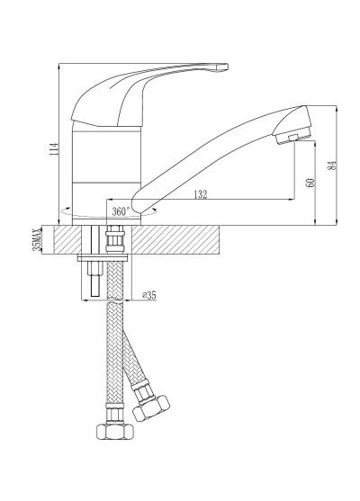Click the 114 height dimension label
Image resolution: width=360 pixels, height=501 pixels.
click(55, 149)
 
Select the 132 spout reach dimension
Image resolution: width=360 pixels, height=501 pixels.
click(201, 194)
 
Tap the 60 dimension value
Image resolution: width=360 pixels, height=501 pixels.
click(310, 183)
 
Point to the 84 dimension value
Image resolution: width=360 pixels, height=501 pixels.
click(333, 165)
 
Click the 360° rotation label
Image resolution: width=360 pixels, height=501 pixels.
click(121, 211)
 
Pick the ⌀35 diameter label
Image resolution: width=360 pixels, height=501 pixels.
click(149, 295)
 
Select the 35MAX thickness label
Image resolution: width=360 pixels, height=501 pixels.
click(38, 239)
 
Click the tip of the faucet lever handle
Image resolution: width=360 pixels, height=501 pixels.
click(226, 67)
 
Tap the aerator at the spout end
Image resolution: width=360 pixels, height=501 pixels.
click(292, 138)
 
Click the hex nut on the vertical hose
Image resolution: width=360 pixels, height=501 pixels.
click(115, 432)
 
